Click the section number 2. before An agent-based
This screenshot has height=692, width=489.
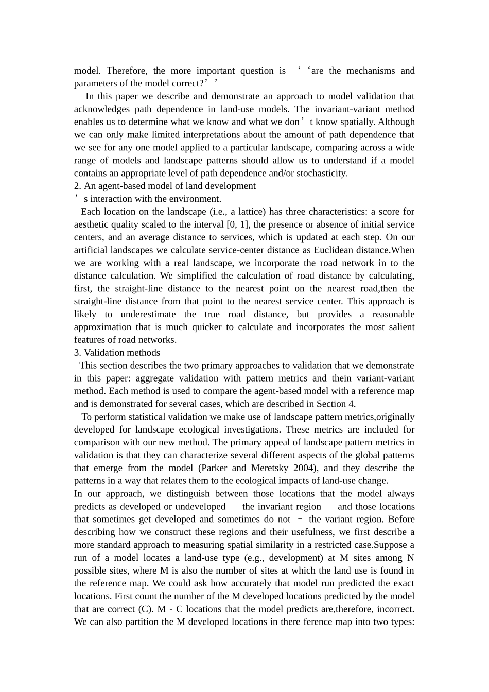coord(78,186)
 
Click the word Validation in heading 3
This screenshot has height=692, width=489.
coord(103,353)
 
